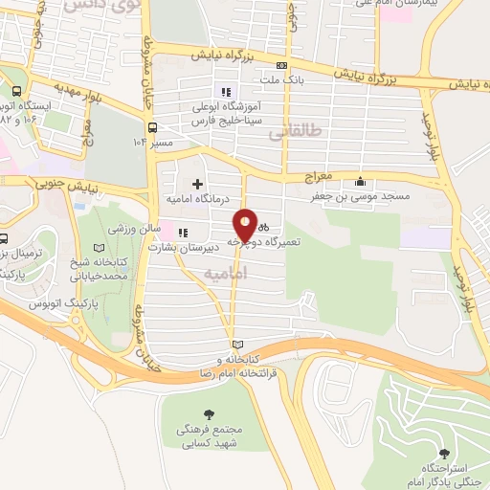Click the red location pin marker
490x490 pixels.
[x=246, y=224]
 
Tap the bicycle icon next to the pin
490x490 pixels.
[x=262, y=227]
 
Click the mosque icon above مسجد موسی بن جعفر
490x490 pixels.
[x=360, y=182]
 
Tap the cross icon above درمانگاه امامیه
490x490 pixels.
[x=198, y=184]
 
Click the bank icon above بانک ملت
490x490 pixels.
[x=281, y=64]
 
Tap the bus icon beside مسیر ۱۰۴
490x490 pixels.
[x=152, y=126]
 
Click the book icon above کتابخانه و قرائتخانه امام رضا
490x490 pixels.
[x=237, y=345]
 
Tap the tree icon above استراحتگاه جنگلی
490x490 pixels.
[x=442, y=454]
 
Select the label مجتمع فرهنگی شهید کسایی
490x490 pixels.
[x=211, y=437]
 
